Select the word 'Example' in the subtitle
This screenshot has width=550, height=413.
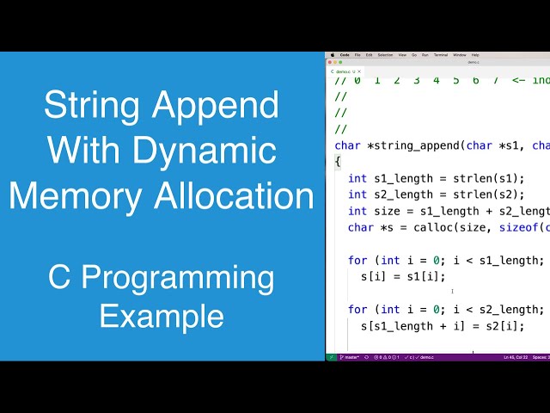point(161,316)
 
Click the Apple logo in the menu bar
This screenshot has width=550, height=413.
point(332,54)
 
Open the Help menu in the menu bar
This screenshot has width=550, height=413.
point(475,54)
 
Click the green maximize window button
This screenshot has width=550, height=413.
point(341,62)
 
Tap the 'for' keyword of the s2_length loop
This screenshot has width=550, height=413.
point(357,309)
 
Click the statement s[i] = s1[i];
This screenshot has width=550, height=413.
point(403,276)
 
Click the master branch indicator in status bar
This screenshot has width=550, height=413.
point(350,356)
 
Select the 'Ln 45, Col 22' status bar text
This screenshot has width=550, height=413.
point(515,356)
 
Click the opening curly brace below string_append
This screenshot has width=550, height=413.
point(338,162)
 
